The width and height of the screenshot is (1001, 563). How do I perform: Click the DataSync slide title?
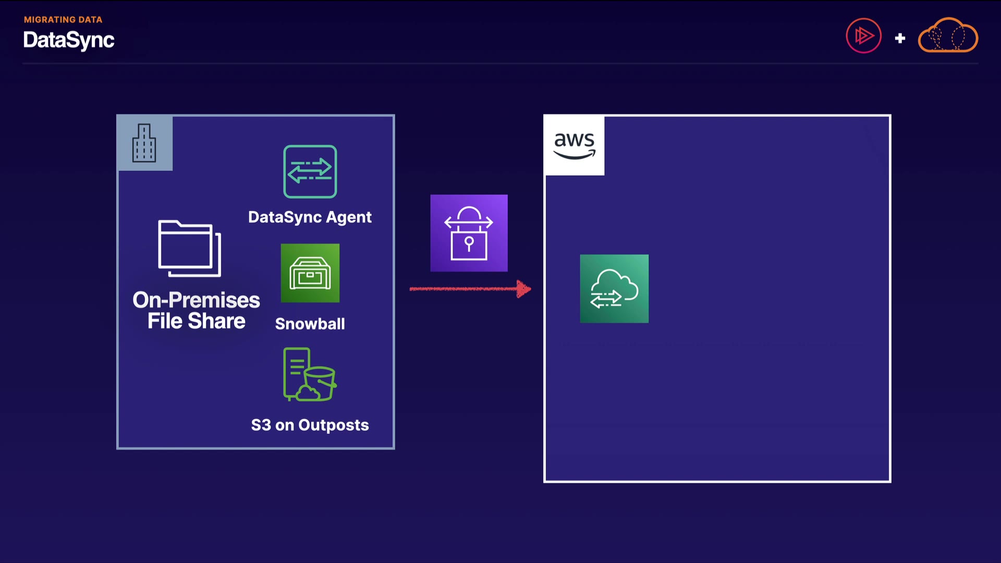pos(68,40)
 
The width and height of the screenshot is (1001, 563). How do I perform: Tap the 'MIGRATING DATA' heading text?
pos(63,20)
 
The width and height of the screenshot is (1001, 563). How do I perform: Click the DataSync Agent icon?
pos(310,172)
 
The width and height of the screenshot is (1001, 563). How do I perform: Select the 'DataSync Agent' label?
pos(310,217)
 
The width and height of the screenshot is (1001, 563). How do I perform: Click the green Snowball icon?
pos(310,273)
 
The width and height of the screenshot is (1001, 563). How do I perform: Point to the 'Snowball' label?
pos(310,324)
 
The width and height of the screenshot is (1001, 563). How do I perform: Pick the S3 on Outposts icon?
pos(310,374)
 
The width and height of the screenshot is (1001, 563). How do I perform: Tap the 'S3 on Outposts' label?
pos(310,425)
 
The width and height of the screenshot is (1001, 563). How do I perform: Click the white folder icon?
pos(190,248)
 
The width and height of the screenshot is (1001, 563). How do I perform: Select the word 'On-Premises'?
pos(196,300)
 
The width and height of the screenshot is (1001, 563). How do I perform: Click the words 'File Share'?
pos(196,321)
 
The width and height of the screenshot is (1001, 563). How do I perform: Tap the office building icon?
pos(144,143)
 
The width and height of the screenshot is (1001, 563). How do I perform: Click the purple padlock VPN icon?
pos(469,233)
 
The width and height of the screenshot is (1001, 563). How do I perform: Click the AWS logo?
pos(574,145)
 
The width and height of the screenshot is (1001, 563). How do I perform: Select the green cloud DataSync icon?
pos(614,289)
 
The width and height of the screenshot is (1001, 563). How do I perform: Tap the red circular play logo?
pos(863,36)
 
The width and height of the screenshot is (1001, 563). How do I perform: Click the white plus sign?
pos(900,38)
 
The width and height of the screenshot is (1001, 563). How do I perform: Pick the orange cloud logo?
pos(948,35)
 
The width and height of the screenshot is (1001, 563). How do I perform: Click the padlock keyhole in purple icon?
pos(469,242)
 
